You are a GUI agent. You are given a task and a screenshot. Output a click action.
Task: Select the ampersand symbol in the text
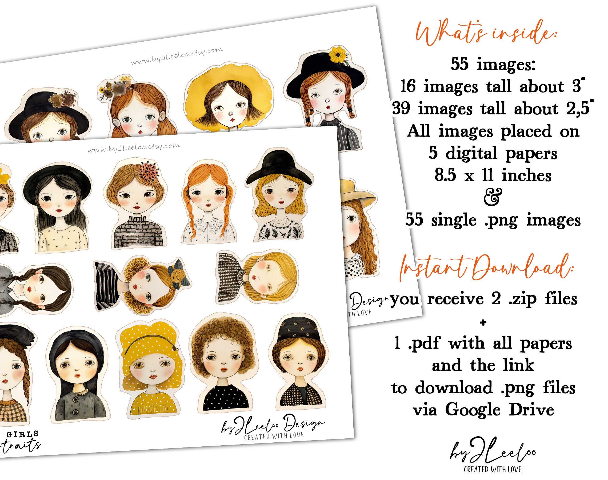tap(493, 197)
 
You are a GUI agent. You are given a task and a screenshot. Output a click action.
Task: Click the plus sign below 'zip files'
tap(483, 323)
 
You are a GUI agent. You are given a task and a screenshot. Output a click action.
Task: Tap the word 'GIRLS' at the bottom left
tap(22, 434)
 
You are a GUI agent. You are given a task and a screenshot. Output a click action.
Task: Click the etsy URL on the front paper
tap(134, 148)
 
